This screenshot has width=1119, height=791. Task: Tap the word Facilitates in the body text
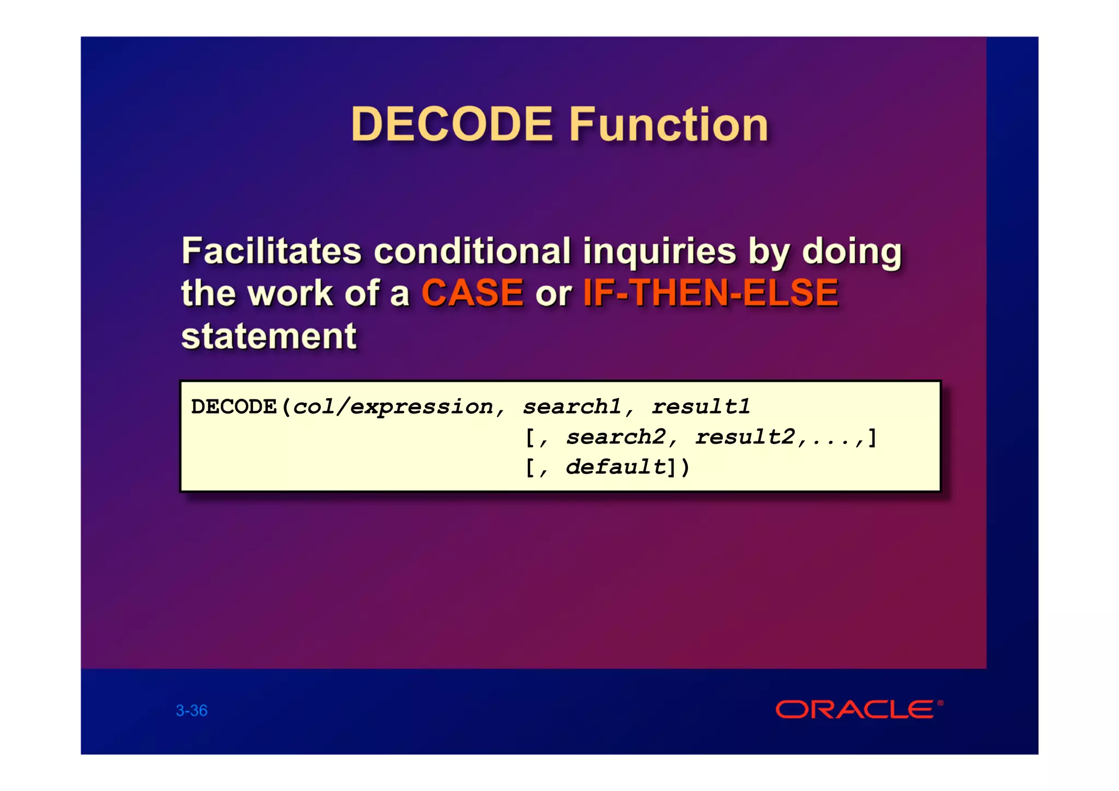point(272,251)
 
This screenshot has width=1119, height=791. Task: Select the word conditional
point(472,251)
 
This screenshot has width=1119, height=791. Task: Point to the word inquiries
point(659,251)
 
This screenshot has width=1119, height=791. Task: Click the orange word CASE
point(473,293)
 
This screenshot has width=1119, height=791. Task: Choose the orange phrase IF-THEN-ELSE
point(710,293)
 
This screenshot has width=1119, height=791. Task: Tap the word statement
point(269,336)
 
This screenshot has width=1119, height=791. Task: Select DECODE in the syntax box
point(234,407)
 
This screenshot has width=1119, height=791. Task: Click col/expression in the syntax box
point(393,407)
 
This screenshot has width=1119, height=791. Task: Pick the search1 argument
point(572,407)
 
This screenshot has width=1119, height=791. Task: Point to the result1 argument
point(701,407)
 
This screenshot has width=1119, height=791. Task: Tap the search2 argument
point(616,437)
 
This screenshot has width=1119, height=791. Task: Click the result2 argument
point(745,437)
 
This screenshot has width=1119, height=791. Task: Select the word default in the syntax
point(616,467)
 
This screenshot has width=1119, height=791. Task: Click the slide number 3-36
point(192,710)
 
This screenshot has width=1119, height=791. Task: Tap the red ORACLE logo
point(855,710)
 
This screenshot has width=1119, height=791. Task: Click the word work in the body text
point(290,293)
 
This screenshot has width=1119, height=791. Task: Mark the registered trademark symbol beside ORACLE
point(940,703)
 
